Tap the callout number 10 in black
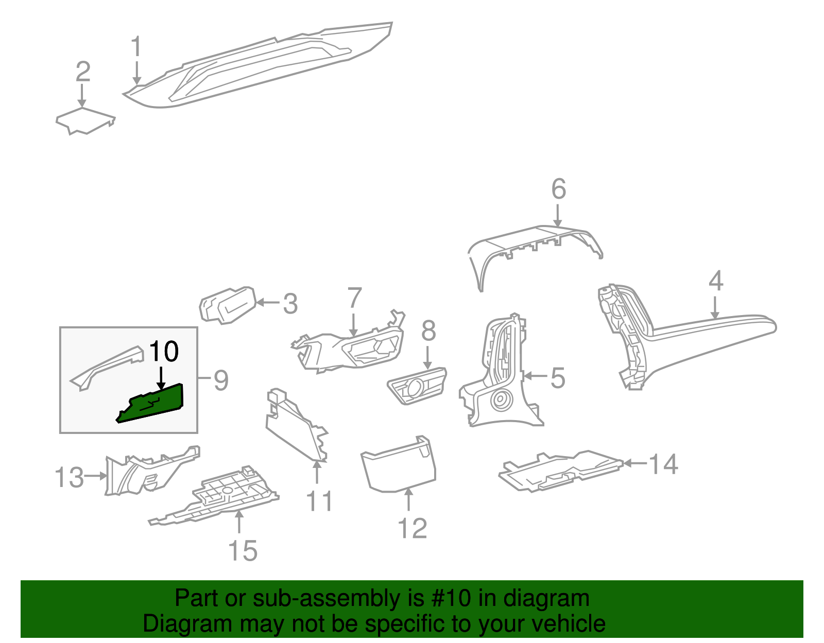164,352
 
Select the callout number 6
559,189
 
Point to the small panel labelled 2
85,120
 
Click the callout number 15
243,551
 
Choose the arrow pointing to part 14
634,463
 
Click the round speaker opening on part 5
500,399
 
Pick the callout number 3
290,304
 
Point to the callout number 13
69,477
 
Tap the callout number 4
716,281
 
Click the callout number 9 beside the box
220,380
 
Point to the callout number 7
354,298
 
